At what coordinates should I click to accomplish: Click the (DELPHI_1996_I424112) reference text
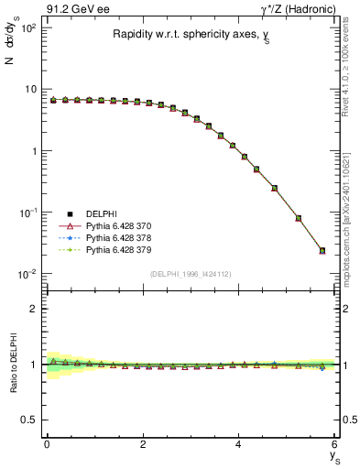191,273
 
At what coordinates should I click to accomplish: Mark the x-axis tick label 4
238,444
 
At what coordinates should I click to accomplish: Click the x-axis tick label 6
334,444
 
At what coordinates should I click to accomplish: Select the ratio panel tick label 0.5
30,420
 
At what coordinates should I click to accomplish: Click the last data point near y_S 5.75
322,250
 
